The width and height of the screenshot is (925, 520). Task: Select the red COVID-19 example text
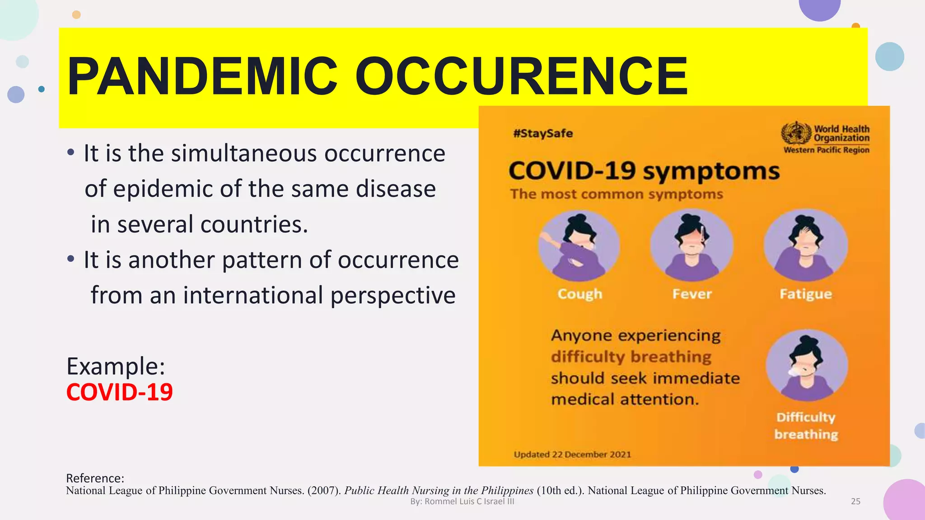pos(119,392)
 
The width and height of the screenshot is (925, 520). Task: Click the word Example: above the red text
pos(116,366)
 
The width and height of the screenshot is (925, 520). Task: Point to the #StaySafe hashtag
pos(543,134)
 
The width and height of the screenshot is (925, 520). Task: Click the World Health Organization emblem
pos(796,133)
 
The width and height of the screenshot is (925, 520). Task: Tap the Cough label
pos(580,294)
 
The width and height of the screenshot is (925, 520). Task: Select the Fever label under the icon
pos(692,294)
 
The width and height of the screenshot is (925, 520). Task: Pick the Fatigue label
pos(806,294)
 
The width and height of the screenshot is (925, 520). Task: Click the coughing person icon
pos(579,246)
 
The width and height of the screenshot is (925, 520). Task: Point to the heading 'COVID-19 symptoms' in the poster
pos(644,172)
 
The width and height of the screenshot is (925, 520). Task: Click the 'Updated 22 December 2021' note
pos(572,455)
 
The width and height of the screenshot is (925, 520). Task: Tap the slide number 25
pos(855,501)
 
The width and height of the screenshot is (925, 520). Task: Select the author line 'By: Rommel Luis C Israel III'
pos(462,501)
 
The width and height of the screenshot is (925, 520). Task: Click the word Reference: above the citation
pos(95,478)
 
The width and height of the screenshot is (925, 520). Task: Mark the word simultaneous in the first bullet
pos(244,153)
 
